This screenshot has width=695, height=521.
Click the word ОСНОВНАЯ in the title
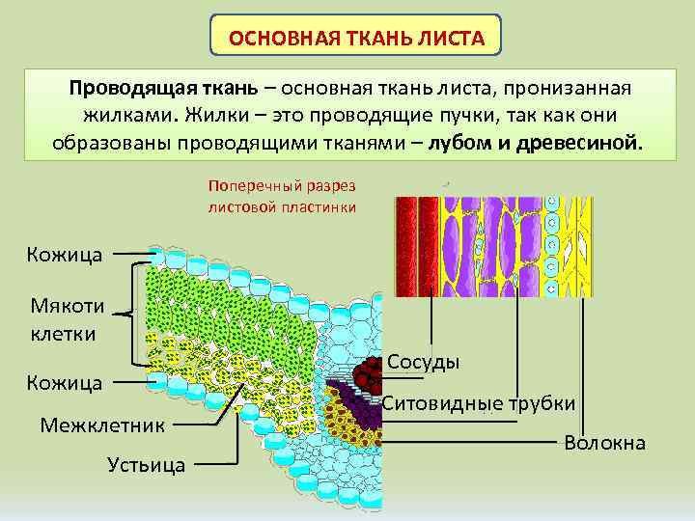point(274,42)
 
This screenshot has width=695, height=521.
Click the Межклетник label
point(102,424)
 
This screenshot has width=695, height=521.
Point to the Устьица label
point(148,465)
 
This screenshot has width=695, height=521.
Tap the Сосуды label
point(422,361)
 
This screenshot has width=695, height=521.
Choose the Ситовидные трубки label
point(479,403)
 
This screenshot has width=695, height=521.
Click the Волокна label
point(605,443)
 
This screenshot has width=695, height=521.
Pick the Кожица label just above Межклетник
point(65,382)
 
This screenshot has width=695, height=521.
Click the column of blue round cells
point(552,246)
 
